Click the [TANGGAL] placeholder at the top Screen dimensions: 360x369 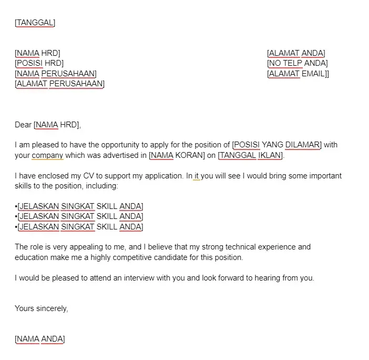point(35,23)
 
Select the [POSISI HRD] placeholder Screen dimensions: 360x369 point(39,63)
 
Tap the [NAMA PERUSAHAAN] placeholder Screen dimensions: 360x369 point(56,73)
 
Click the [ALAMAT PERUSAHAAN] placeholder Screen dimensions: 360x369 point(59,83)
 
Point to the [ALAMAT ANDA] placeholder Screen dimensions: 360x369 point(296,53)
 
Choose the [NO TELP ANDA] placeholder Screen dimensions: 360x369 point(298,63)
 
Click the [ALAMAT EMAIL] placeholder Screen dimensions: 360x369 point(297,73)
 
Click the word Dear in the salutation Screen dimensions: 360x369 point(23,125)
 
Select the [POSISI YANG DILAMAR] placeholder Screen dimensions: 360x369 point(277,145)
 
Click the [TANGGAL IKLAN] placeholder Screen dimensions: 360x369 point(251,155)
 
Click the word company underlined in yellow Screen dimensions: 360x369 point(47,155)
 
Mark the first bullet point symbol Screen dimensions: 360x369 point(16,206)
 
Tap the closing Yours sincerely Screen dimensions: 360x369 point(41,308)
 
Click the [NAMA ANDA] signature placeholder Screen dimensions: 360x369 point(40,339)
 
